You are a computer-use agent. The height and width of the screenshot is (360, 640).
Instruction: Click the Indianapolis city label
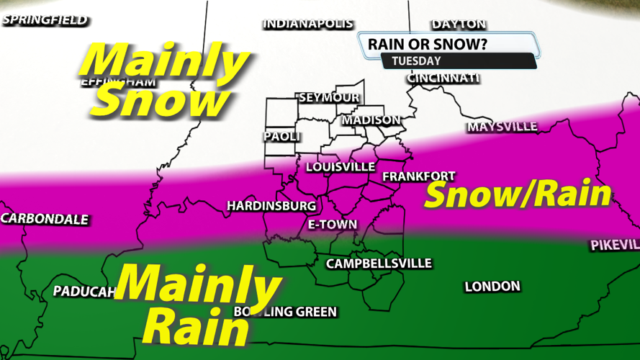[x=307, y=24]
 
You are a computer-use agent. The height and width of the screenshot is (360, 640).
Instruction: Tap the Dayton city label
[x=459, y=24]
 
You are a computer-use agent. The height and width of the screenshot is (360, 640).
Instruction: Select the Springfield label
[x=45, y=20]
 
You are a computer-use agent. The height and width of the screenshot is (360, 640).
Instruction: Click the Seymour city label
[x=328, y=97]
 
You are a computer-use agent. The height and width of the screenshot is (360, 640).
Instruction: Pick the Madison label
[x=371, y=120]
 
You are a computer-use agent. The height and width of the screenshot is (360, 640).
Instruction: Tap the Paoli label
[x=281, y=136]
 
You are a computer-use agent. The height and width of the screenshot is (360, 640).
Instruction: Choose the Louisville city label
[x=340, y=167]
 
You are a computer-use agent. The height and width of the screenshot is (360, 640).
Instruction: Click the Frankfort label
[x=418, y=176]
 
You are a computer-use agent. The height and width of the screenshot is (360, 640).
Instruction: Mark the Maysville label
[x=502, y=127]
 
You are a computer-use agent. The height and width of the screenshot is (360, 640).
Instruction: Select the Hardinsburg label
[x=271, y=206]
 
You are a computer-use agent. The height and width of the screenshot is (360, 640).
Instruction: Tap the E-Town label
[x=332, y=225]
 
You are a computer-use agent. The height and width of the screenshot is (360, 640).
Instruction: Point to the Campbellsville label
[x=379, y=264]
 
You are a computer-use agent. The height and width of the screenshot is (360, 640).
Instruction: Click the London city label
[x=492, y=287]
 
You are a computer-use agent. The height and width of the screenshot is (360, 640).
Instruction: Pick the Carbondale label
[x=45, y=219]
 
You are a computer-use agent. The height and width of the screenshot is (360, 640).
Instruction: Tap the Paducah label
[x=84, y=291]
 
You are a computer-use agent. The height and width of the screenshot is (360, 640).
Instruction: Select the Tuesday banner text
[x=416, y=61]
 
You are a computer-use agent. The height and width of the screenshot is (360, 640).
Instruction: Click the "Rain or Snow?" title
[x=428, y=44]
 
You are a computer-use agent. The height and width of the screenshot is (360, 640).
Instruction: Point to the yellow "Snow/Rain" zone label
[x=517, y=194]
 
